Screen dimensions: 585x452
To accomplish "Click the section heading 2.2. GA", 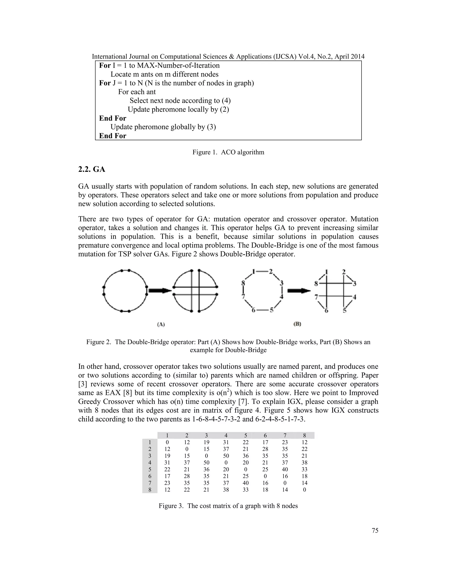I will (x=92, y=170).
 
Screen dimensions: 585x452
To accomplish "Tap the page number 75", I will (x=375, y=530).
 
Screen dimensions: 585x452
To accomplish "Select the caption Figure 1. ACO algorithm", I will (x=228, y=152).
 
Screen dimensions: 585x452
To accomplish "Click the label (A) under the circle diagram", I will (x=161, y=324).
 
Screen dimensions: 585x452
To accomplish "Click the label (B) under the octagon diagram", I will (x=297, y=324).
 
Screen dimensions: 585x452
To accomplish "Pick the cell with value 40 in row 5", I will (x=285, y=469).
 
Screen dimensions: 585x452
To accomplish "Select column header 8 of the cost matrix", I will (x=304, y=436).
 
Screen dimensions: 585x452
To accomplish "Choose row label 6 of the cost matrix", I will (x=150, y=476).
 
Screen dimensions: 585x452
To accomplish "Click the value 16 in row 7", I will (x=265, y=483).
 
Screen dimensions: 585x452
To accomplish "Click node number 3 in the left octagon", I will (x=281, y=283).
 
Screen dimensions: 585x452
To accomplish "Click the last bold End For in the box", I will (x=113, y=136).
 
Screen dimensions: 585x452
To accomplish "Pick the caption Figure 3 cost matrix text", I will (x=228, y=506).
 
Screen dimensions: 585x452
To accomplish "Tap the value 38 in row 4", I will (x=304, y=462).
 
